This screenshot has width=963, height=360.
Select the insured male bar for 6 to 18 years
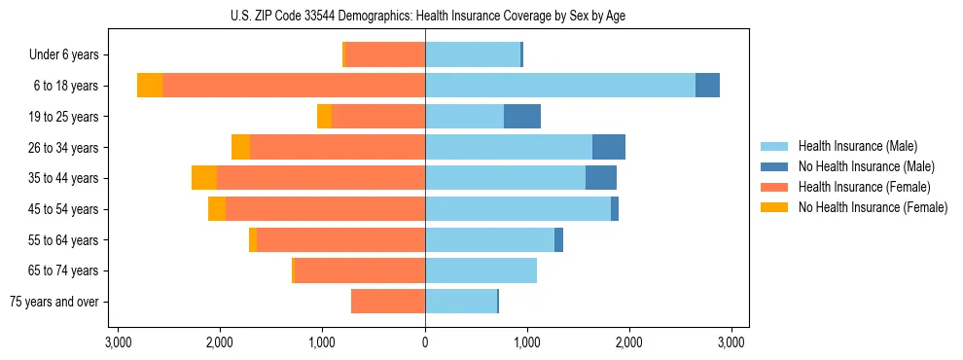pyautogui.click(x=559, y=86)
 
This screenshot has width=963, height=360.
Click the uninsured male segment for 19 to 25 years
pyautogui.click(x=521, y=117)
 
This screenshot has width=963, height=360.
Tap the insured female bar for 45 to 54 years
pyautogui.click(x=325, y=209)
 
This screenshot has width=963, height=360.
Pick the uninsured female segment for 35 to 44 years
pyautogui.click(x=204, y=178)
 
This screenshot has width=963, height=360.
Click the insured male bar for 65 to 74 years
pyautogui.click(x=481, y=270)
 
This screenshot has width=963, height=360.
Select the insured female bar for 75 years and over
pyautogui.click(x=388, y=302)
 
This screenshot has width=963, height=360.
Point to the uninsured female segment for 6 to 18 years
pyautogui.click(x=150, y=86)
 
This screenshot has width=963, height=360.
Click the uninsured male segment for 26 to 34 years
pyautogui.click(x=609, y=147)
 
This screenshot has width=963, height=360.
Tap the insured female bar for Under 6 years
pyautogui.click(x=385, y=54)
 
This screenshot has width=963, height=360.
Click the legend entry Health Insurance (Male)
pyautogui.click(x=857, y=146)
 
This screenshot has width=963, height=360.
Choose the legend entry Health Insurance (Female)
pyautogui.click(x=864, y=187)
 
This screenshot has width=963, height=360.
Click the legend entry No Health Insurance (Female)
pyautogui.click(x=873, y=207)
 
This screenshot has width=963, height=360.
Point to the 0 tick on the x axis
pyautogui.click(x=425, y=342)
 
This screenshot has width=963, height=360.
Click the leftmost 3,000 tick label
pyautogui.click(x=118, y=342)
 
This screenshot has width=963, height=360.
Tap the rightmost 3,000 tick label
pyautogui.click(x=731, y=342)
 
